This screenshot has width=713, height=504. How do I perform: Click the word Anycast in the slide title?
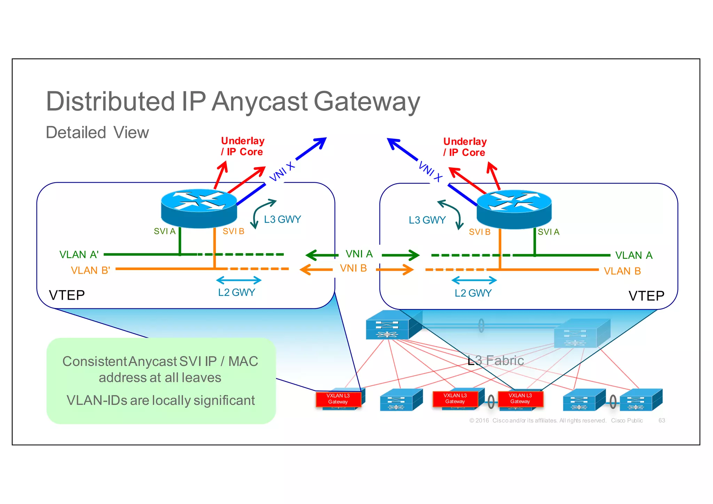[260, 102]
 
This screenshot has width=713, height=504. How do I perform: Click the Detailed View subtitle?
[97, 133]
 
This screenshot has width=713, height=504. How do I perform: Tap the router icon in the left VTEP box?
[199, 208]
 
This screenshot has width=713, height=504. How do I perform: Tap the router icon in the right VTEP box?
[514, 208]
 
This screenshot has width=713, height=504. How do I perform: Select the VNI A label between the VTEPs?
[359, 254]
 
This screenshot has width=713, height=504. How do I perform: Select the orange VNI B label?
[353, 268]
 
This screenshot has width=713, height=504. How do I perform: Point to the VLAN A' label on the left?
[79, 255]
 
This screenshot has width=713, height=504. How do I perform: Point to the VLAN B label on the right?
[622, 271]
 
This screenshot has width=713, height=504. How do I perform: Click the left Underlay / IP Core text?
[242, 146]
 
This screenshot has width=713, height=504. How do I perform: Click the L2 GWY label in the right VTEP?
[473, 293]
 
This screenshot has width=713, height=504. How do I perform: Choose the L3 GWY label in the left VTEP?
[282, 220]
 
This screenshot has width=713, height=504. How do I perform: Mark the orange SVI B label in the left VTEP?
[233, 231]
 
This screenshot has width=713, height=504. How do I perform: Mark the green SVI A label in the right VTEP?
[548, 232]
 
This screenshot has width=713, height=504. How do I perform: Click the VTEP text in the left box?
[67, 295]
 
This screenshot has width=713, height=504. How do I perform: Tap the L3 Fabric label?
[495, 361]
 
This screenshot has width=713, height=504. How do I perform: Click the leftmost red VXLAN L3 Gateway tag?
[338, 399]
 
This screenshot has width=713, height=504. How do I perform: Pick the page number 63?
[661, 420]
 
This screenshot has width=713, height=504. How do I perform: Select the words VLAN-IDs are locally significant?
[160, 401]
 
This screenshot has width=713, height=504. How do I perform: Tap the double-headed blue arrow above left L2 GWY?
[238, 280]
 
